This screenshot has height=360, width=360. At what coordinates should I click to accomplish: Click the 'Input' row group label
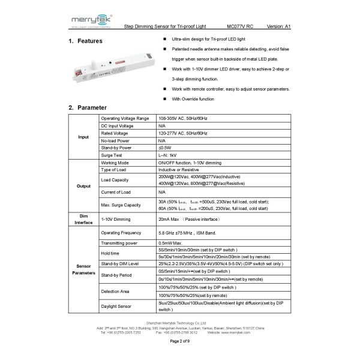83,137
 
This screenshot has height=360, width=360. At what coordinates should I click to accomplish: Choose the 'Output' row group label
83,186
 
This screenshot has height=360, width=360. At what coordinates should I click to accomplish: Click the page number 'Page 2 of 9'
179,340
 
